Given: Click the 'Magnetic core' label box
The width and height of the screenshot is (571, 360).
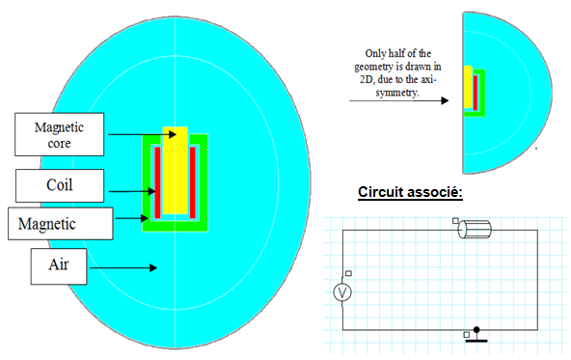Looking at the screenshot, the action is (x=60, y=134).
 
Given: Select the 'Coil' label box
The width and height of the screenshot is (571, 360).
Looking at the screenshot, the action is (x=60, y=185).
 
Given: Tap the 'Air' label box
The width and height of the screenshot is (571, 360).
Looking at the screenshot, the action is (x=59, y=266).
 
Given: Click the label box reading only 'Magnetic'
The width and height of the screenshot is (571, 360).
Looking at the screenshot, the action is (x=61, y=224).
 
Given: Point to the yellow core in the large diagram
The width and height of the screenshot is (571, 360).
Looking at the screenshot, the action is (x=176, y=170).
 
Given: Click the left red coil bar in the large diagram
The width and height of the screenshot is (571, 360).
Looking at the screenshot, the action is (x=157, y=182).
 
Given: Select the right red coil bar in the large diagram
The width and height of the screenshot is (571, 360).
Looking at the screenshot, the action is (x=193, y=182).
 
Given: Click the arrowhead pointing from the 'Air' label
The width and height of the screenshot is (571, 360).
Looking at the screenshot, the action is (x=153, y=268).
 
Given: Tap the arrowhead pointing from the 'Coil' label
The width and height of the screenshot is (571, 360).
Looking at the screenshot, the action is (x=151, y=191).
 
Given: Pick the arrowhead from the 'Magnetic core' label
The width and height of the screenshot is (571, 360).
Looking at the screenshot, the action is (x=173, y=134).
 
